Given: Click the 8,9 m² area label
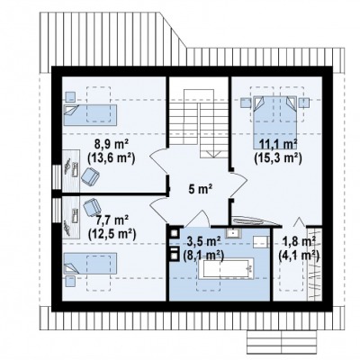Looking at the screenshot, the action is pos(112,145).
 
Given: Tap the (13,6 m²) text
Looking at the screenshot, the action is pos(111,157).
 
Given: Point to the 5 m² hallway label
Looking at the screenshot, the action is pos(201,189).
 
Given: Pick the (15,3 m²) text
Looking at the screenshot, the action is pos(278,157).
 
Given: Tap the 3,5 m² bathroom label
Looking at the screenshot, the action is pos(203,241).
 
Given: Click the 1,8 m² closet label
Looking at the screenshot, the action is pos(299,241).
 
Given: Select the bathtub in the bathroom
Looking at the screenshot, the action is pos(226,268).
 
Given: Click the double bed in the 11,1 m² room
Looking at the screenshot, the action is pos(275,122).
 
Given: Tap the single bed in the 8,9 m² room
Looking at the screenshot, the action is pos(90,114).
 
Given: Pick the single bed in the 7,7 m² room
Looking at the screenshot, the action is pos(90,263).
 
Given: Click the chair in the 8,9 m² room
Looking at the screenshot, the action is pos(90,176).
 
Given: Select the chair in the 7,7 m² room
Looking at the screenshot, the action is pos(92,207).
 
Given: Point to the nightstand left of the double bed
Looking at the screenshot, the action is pos(246,103).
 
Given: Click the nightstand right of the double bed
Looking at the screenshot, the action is pos(303,103).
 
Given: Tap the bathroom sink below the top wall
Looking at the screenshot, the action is pos(233,233).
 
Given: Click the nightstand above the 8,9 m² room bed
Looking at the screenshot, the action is pos(70,96).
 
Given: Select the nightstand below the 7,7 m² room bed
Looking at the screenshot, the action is pos(70,281).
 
